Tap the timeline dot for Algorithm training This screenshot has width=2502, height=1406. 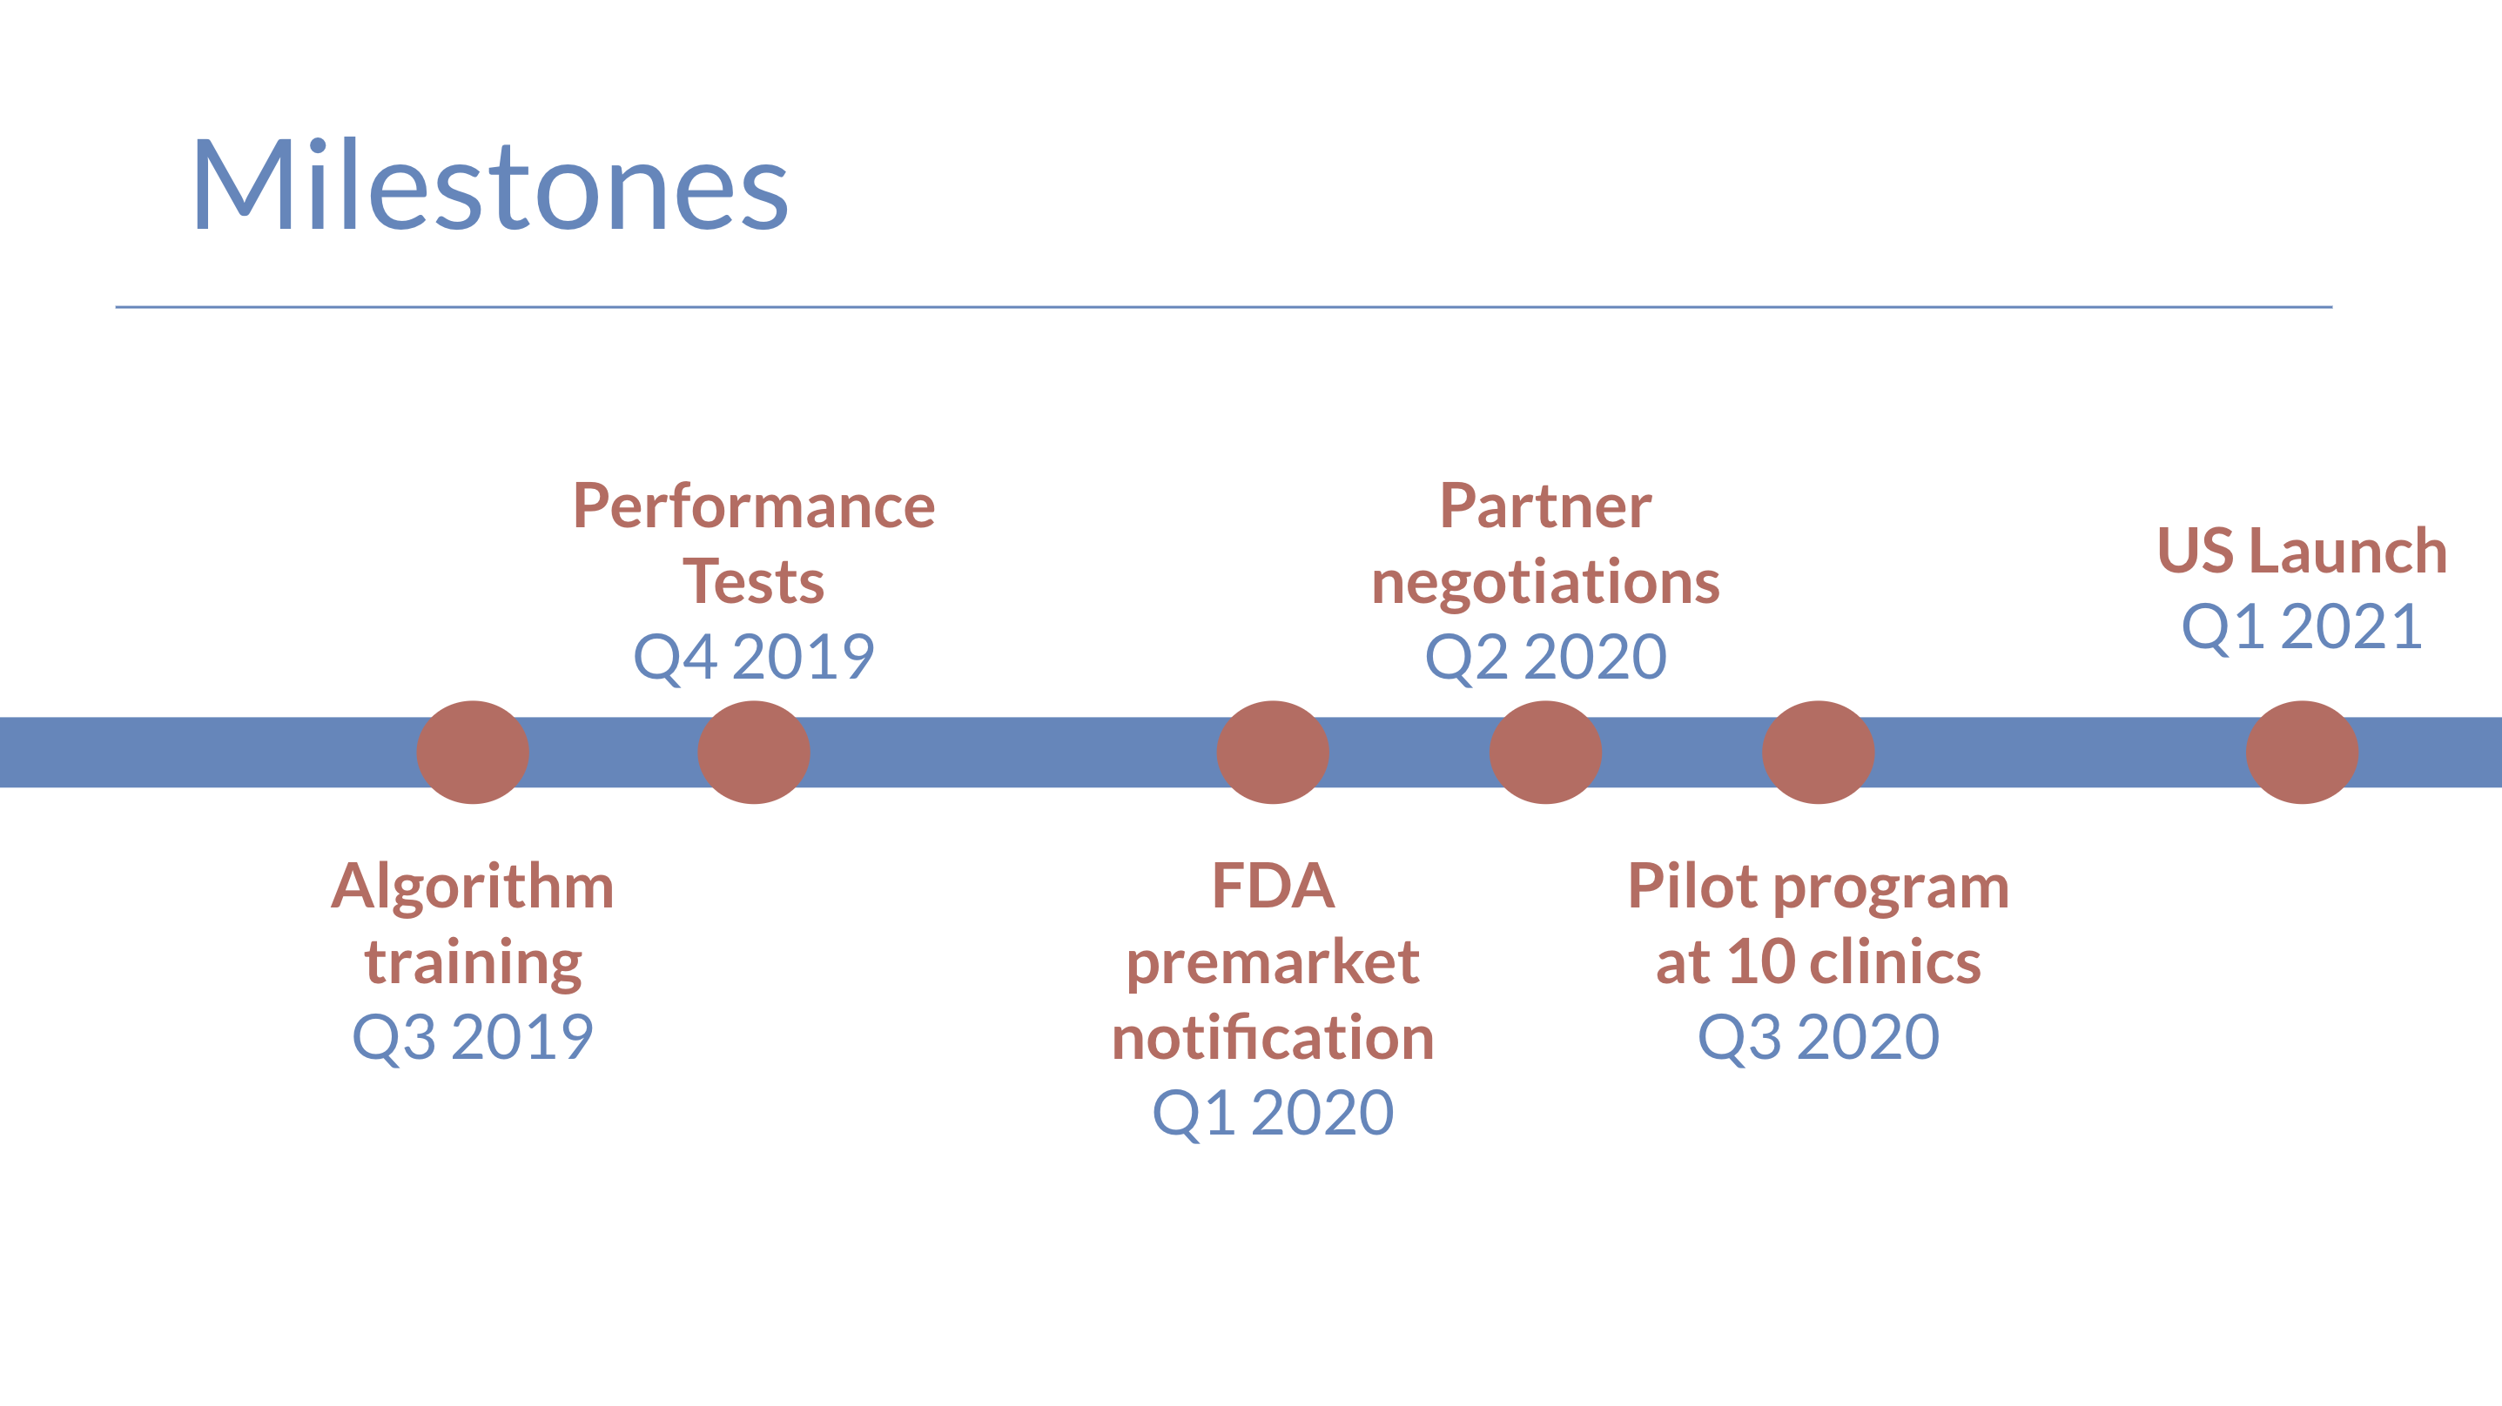[473, 753]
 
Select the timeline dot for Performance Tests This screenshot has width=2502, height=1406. [754, 753]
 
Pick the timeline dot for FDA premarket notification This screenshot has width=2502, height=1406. [1273, 753]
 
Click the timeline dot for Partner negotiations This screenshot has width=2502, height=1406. [1545, 753]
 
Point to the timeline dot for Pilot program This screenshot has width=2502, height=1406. [1819, 753]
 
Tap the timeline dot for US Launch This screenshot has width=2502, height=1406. [2302, 753]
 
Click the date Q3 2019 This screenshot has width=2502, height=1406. [473, 1037]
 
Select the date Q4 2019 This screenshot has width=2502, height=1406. [754, 658]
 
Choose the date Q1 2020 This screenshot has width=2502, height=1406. [1273, 1113]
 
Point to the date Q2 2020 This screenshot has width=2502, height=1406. [1545, 658]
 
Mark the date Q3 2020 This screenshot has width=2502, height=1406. [1819, 1037]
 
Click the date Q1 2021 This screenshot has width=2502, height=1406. [2302, 627]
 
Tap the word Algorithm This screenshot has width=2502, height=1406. [473, 887]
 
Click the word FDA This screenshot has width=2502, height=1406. [1273, 886]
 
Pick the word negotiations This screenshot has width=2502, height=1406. [1545, 583]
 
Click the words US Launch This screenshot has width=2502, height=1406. [2302, 551]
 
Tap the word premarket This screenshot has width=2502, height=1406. [1273, 963]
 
